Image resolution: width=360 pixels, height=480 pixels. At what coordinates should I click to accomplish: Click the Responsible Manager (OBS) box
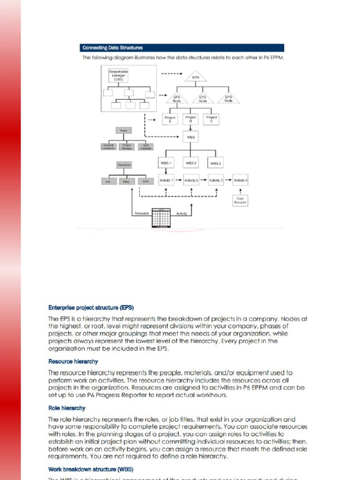point(118,75)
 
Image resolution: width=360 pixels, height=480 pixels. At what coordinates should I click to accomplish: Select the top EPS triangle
point(195,77)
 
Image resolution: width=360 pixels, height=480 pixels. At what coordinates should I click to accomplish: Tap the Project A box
point(170,119)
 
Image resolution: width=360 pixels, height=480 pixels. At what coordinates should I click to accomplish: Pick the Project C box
point(212,119)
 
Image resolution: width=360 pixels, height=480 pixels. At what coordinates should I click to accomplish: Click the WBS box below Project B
point(191,137)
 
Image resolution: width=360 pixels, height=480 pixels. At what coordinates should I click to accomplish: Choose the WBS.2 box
point(191,163)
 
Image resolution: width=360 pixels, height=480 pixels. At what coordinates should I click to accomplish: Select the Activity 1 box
point(166,180)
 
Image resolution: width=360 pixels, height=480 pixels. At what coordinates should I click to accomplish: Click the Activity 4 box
point(240,180)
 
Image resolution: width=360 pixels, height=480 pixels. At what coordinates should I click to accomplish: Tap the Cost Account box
point(240,201)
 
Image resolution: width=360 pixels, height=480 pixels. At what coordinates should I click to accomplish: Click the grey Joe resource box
point(107,180)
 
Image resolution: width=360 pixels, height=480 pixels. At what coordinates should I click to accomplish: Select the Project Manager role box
point(126,146)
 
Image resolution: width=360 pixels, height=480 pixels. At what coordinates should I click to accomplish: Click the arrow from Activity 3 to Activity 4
point(229,180)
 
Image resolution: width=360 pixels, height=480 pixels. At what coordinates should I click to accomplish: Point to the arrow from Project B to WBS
point(191,127)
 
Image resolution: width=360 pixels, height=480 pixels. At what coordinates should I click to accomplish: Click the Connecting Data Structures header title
point(112,48)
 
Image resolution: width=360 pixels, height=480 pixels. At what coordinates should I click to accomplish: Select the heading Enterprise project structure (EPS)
point(91,308)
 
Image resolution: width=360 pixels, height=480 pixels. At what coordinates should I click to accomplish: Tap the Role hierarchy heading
point(67,408)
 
